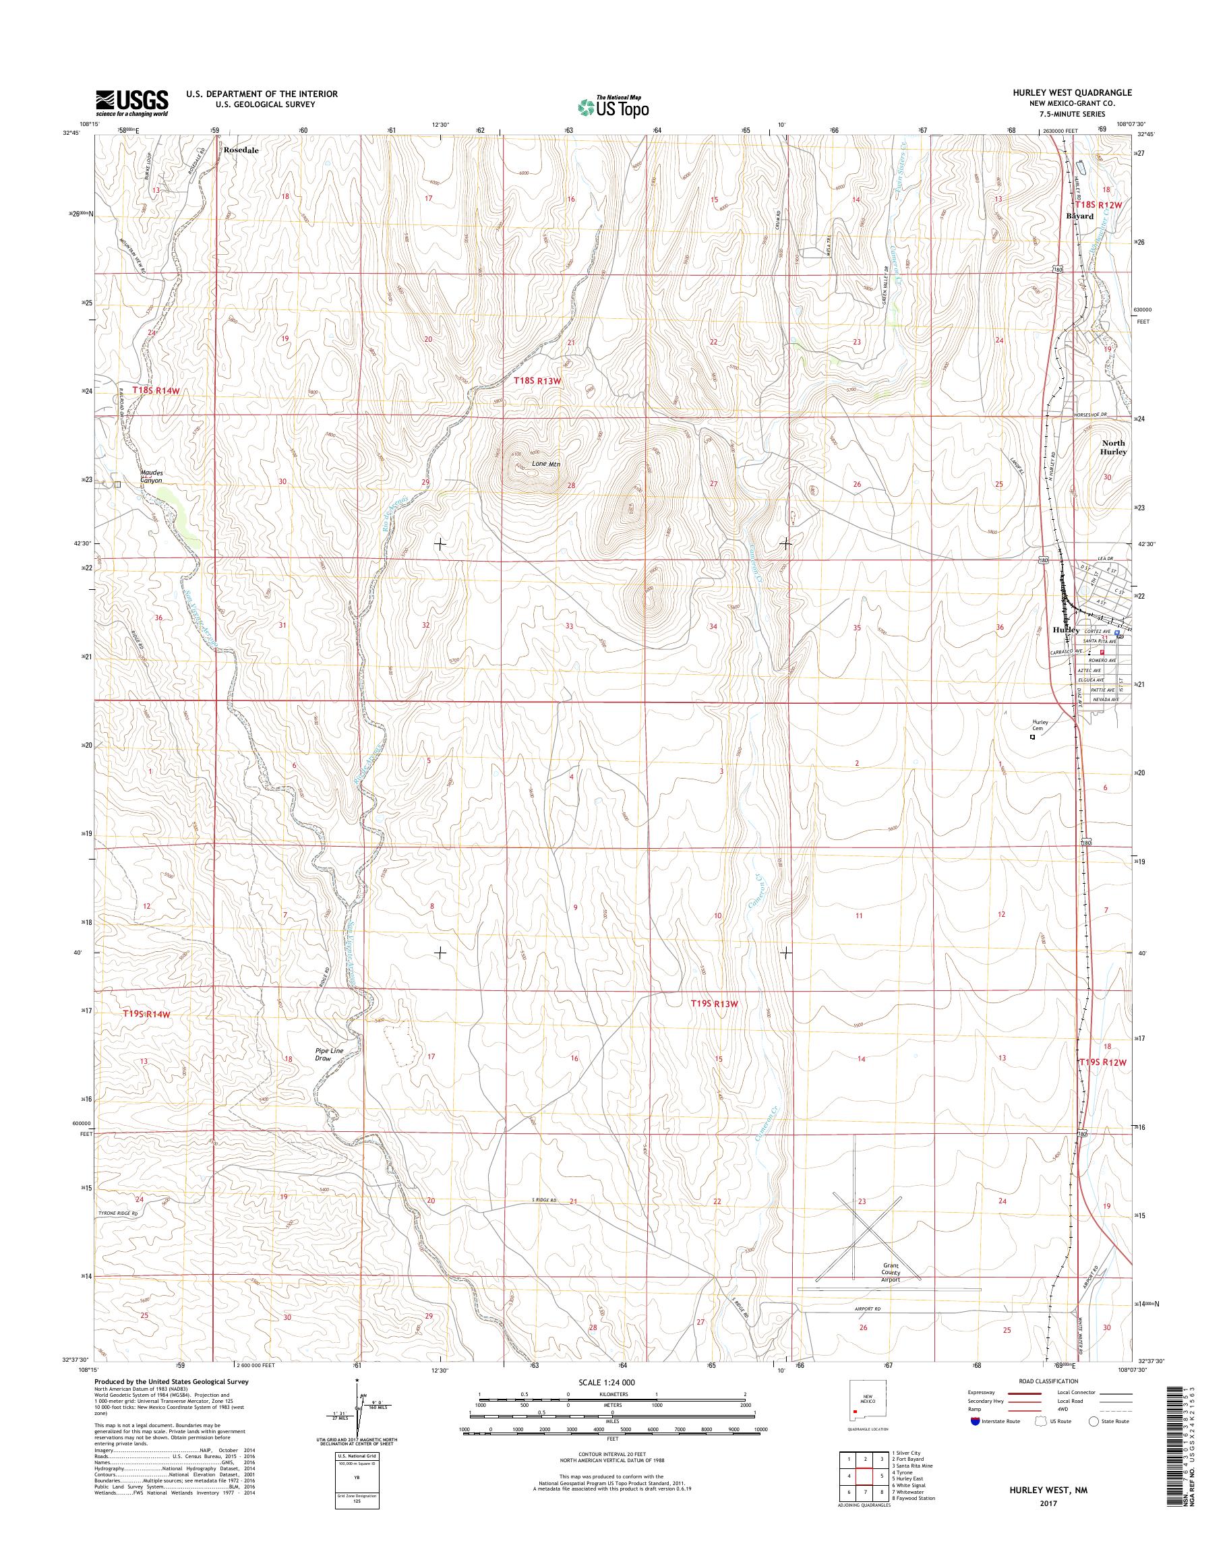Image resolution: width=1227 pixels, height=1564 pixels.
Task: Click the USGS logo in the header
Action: tap(132, 102)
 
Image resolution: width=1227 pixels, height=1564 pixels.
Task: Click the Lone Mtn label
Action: tap(545, 464)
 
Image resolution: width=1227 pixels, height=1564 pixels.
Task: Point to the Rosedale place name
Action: tap(240, 151)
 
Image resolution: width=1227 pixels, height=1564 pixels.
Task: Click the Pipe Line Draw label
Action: tap(329, 1054)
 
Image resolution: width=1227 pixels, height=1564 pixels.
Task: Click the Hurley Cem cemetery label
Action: tap(1041, 725)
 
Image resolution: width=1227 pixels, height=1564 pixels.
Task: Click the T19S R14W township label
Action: tap(146, 1014)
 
